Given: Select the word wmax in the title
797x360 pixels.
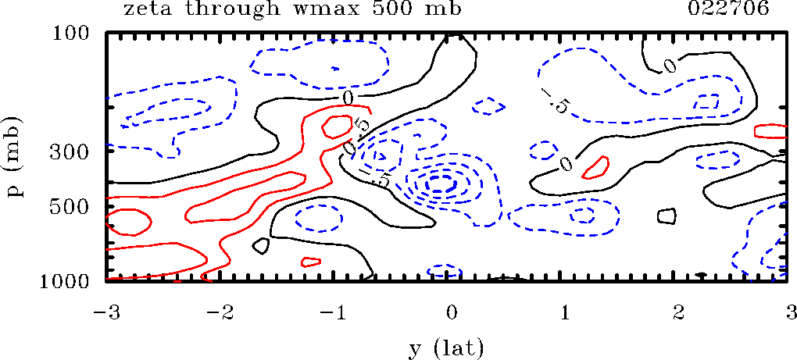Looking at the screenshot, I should (x=340, y=9).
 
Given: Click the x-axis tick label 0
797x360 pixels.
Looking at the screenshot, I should (x=451, y=313).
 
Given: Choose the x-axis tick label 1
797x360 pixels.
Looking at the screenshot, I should (x=565, y=313).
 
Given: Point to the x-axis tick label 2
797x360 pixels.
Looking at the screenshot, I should (x=679, y=313).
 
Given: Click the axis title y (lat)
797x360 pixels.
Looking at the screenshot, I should (x=447, y=347).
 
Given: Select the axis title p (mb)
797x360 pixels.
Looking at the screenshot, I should (x=17, y=157).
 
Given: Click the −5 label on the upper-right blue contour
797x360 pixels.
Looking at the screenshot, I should (x=556, y=102).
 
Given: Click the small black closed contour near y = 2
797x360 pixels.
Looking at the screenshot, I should (x=667, y=216).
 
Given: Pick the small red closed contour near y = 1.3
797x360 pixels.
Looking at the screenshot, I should (x=595, y=166).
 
